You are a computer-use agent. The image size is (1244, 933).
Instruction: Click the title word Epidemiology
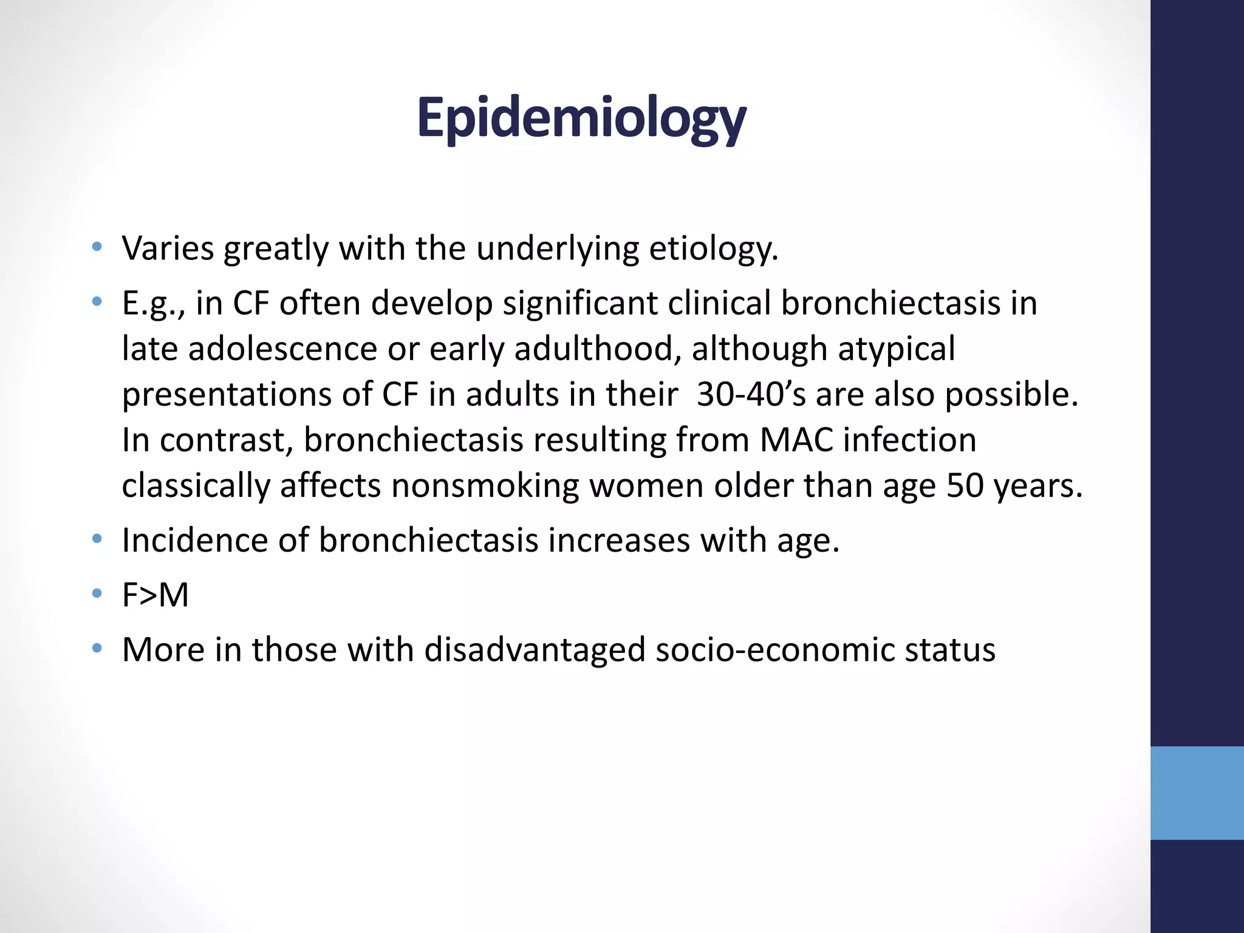(x=581, y=118)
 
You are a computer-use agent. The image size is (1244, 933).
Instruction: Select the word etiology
(x=713, y=249)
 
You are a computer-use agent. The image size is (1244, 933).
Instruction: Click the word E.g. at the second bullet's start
(x=152, y=304)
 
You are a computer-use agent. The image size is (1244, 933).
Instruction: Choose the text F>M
(x=155, y=595)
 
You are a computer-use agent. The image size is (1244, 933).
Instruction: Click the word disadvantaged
(x=534, y=650)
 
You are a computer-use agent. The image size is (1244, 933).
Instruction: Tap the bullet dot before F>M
(x=97, y=593)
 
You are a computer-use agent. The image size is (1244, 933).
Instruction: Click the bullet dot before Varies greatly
(x=97, y=247)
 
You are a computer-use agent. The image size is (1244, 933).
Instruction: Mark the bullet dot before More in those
(x=97, y=648)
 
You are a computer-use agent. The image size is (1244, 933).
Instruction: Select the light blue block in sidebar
(x=1197, y=793)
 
